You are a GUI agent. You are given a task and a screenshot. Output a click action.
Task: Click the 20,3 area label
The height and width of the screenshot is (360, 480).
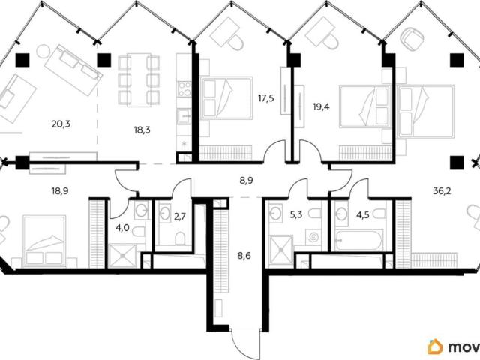[x=61, y=124]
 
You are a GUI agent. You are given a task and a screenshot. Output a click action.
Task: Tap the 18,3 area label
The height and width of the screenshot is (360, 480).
[x=142, y=130]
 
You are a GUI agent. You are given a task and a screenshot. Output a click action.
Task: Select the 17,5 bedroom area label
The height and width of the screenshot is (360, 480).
[x=265, y=98]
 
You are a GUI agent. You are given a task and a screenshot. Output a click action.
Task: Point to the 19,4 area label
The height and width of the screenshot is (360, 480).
[x=321, y=107]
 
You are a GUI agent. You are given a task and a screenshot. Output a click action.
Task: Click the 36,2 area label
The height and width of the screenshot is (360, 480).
[x=442, y=192]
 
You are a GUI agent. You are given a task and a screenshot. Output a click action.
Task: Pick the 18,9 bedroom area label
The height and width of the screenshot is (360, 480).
[x=60, y=192]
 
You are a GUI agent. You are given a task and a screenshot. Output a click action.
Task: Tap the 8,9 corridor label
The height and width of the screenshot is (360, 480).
[x=246, y=181]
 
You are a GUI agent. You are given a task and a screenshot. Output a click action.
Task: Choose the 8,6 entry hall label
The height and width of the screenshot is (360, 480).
[x=244, y=255]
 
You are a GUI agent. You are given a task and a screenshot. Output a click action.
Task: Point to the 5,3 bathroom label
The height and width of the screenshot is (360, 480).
[x=296, y=215]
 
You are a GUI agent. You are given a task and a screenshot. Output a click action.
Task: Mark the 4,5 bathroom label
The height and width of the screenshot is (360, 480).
[x=363, y=215]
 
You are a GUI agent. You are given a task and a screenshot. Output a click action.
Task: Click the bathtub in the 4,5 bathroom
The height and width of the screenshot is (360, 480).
[x=358, y=240]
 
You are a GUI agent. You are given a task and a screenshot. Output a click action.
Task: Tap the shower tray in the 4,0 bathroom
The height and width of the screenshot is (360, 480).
[x=122, y=256]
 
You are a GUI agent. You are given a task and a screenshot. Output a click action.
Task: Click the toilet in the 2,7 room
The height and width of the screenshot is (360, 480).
[x=180, y=238]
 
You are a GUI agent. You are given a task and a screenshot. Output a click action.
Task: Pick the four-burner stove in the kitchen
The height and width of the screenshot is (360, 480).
[x=184, y=88]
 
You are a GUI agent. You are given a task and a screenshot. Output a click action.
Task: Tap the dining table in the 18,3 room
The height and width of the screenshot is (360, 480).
[x=139, y=80]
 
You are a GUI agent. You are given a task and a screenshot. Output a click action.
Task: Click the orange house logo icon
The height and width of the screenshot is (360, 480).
[x=435, y=346]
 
